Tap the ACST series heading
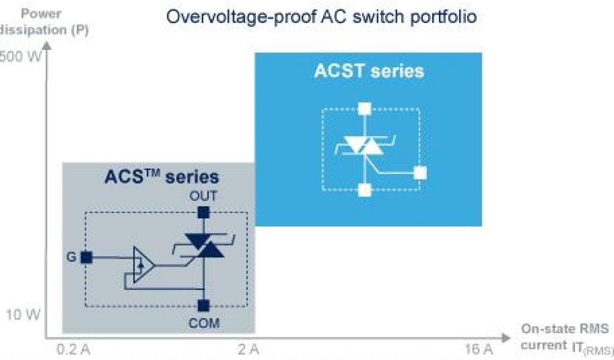pyautogui.click(x=369, y=71)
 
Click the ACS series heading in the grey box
pyautogui.click(x=161, y=177)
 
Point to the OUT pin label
pyautogui.click(x=203, y=196)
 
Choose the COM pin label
pyautogui.click(x=204, y=323)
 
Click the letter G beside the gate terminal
pyautogui.click(x=70, y=257)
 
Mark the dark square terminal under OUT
pyautogui.click(x=204, y=212)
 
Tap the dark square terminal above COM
pyautogui.click(x=204, y=305)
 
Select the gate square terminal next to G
pyautogui.click(x=86, y=257)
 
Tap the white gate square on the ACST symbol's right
pyautogui.click(x=421, y=173)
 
